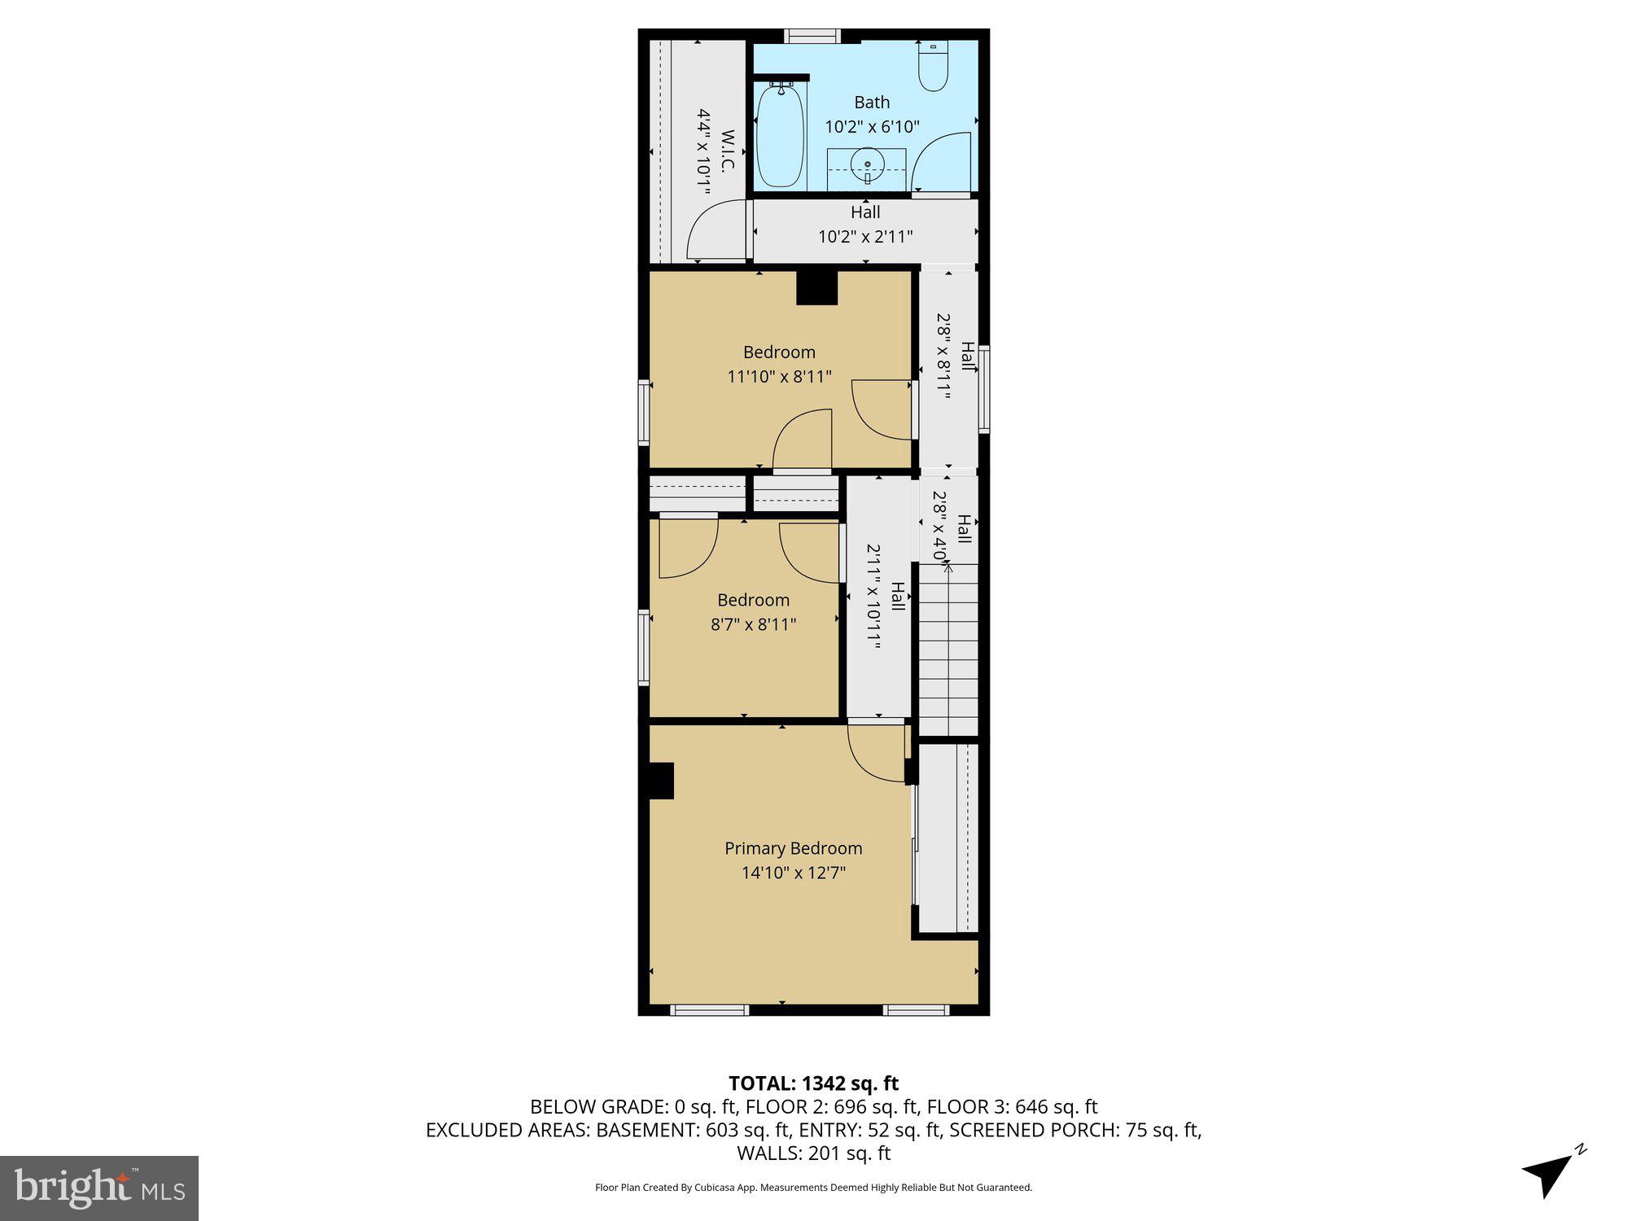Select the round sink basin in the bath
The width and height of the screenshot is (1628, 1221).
tap(868, 165)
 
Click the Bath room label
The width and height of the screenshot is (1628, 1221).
tap(872, 103)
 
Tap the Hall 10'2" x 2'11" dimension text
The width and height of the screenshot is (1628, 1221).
tap(865, 237)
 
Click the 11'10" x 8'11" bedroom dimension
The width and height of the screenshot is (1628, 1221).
tap(779, 377)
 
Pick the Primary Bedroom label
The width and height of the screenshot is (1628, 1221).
tap(794, 848)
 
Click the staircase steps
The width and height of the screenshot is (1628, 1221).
tap(948, 651)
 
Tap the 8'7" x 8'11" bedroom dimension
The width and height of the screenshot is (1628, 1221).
tap(753, 625)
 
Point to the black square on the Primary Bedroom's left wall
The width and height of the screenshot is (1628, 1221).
tap(661, 781)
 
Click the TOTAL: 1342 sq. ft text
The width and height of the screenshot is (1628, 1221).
tap(813, 1083)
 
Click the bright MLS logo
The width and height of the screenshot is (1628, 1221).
tap(99, 1188)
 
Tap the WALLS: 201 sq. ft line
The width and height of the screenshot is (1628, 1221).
tap(813, 1153)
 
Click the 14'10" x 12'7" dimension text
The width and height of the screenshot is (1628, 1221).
tap(794, 873)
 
